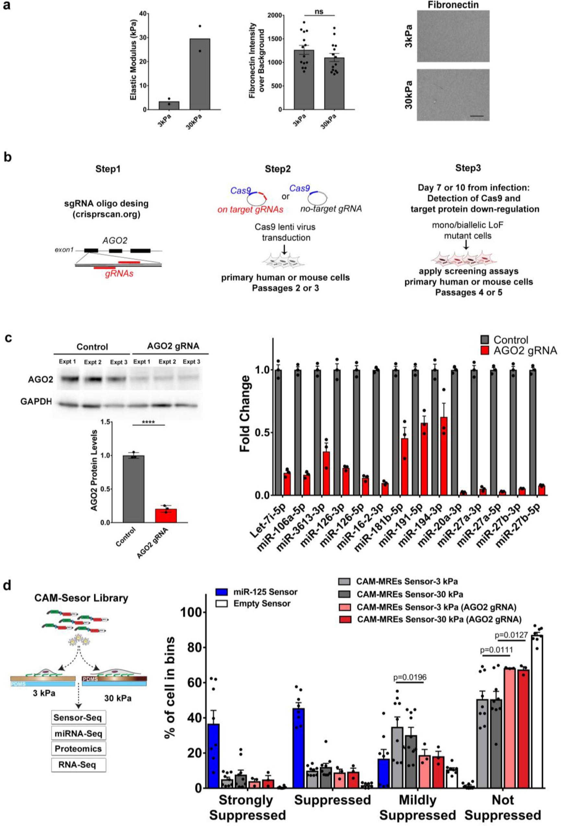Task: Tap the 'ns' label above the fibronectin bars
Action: click(319, 11)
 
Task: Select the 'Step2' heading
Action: click(277, 169)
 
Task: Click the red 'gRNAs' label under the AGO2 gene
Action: click(119, 274)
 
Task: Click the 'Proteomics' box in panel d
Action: click(78, 749)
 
